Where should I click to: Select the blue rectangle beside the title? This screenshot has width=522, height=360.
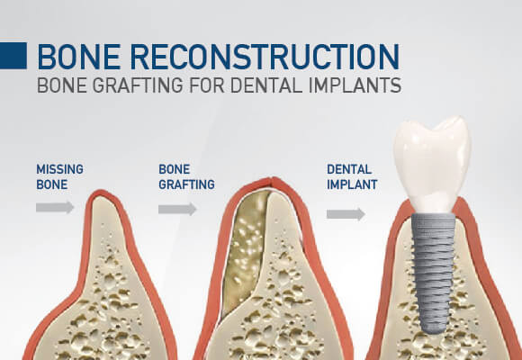coord(13,56)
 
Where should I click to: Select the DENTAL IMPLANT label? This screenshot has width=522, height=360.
coord(352,176)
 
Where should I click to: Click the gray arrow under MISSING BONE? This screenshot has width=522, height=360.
coord(55,208)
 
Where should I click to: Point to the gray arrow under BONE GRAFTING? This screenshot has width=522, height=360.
coord(177,209)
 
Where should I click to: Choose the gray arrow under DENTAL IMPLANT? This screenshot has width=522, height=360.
coord(345,214)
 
